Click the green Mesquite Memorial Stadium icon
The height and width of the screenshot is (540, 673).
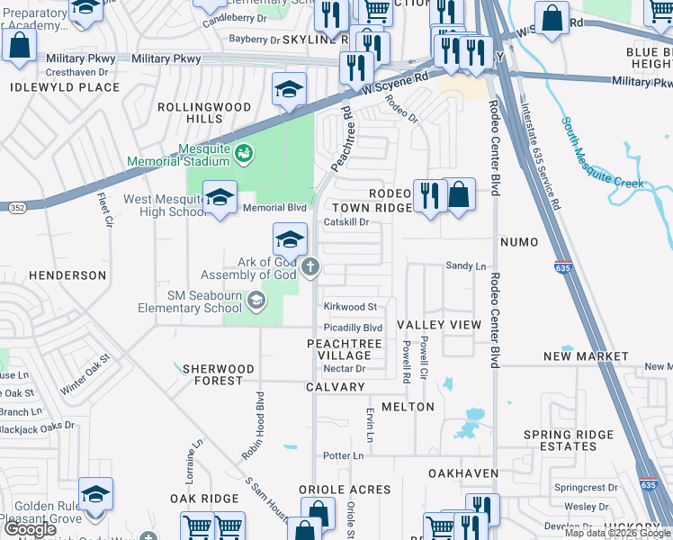[x=242, y=155]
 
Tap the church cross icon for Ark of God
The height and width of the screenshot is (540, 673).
[x=310, y=265]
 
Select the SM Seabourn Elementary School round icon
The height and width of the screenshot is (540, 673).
[x=257, y=301]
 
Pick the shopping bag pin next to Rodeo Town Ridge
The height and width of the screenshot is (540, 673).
[x=459, y=196]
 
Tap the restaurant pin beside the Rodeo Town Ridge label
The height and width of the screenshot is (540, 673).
[x=429, y=196]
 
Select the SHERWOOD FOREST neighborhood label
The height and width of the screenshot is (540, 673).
[x=212, y=374]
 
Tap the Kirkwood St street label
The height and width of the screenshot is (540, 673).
[x=350, y=307]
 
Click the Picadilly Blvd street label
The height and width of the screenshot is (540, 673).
[x=354, y=328]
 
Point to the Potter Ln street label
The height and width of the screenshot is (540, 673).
[x=343, y=455]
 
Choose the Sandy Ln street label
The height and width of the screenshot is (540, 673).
[x=466, y=266]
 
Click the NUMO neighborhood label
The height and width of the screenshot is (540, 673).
[x=518, y=242]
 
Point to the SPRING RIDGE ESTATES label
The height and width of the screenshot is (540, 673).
[x=569, y=440]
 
